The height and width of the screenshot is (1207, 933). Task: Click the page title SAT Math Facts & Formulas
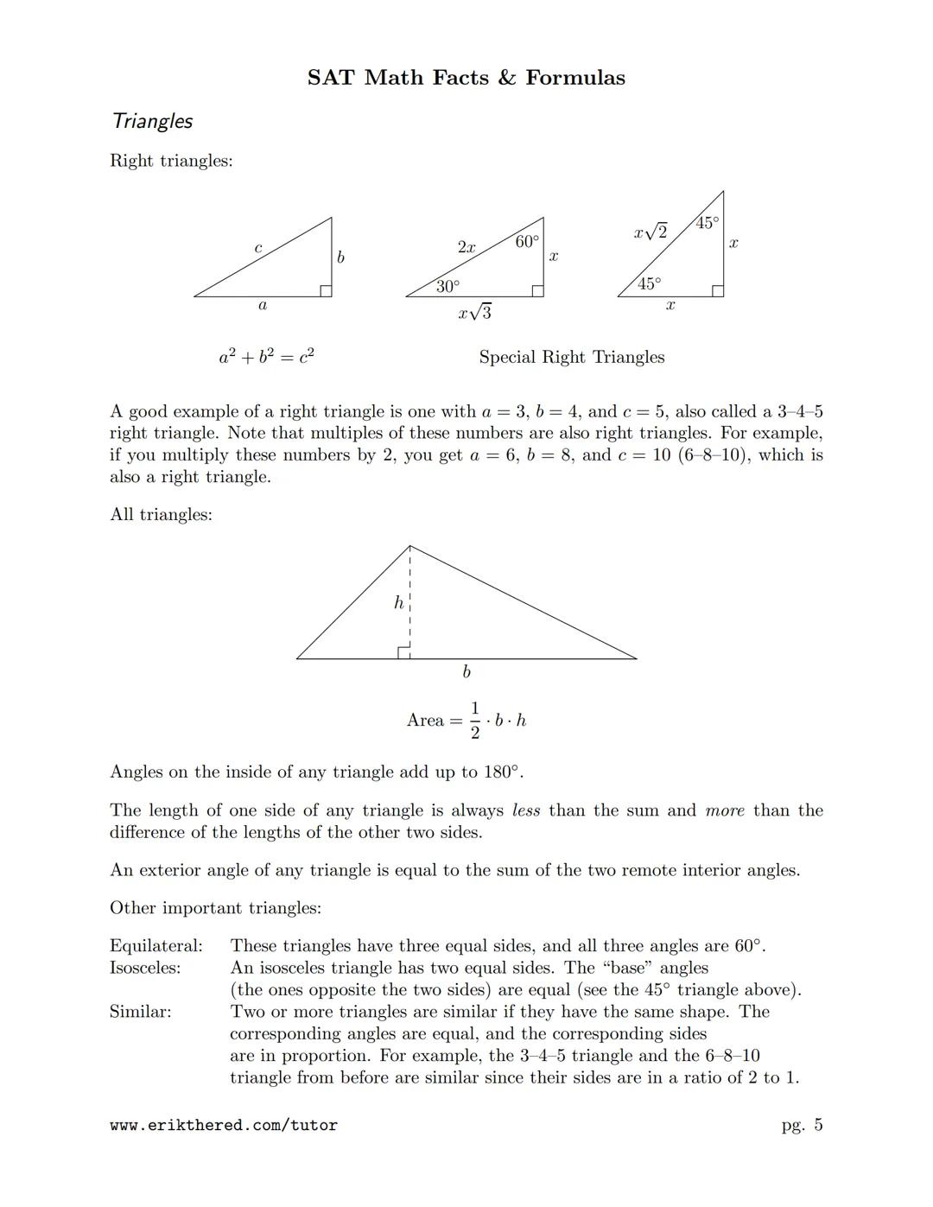466,78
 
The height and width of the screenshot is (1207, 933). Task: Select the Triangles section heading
152,121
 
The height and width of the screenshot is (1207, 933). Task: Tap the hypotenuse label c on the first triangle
257,249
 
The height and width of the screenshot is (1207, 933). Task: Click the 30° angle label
447,286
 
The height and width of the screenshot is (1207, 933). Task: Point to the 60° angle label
527,242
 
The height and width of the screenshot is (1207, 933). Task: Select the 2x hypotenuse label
466,247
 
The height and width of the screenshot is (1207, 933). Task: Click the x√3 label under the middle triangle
475,313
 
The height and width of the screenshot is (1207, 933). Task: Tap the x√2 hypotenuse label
651,232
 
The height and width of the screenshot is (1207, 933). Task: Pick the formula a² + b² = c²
266,356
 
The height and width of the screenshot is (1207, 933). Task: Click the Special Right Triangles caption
572,357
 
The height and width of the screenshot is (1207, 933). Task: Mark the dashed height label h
398,603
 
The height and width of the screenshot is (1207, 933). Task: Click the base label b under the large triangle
466,672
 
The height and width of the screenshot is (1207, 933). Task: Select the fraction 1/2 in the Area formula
474,721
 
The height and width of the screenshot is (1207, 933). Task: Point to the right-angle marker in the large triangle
403,652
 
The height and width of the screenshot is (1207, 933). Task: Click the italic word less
526,810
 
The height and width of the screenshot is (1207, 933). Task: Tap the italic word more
725,810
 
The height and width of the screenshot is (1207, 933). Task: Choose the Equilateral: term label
156,946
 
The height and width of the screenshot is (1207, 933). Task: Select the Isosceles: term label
145,968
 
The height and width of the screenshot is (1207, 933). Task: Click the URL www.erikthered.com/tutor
224,1126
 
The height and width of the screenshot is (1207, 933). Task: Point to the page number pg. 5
802,1126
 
